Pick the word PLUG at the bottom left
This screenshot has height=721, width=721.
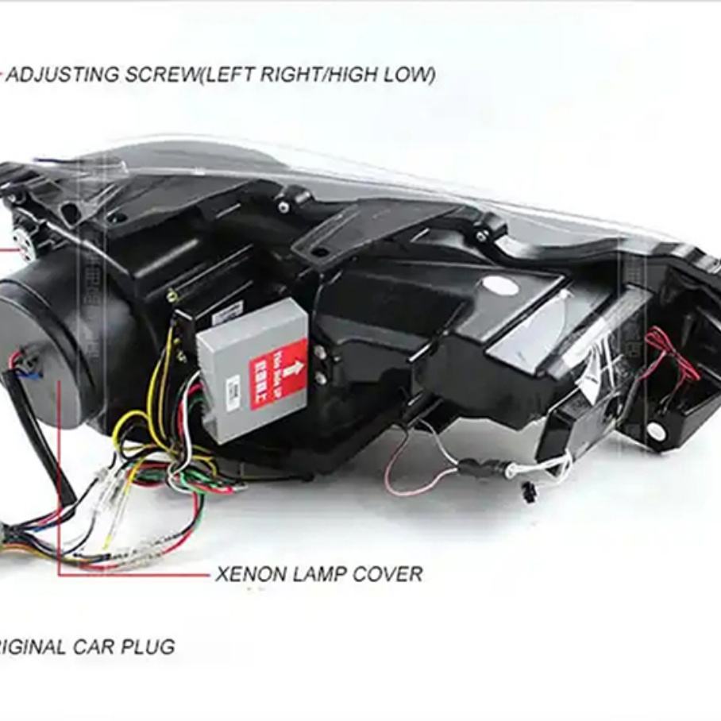[148, 646]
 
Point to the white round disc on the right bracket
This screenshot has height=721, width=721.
[656, 431]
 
